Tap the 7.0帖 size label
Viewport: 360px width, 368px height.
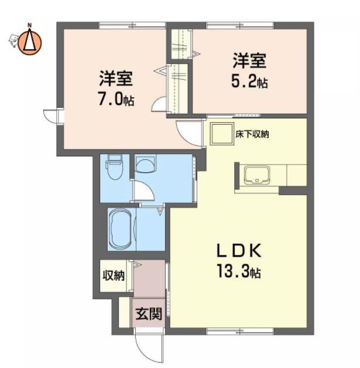116,100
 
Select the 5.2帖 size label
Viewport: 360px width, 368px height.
249,82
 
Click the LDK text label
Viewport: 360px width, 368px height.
239,251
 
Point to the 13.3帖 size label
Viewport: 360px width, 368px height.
239,271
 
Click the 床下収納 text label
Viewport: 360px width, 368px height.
252,134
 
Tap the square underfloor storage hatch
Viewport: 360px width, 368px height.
222,134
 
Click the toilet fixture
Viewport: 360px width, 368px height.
114,166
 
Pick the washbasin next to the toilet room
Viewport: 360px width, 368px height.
146,163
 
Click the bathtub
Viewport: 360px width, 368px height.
121,229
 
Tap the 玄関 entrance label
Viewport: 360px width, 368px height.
149,314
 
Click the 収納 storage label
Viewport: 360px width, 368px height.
114,275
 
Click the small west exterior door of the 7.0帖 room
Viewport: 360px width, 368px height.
51,115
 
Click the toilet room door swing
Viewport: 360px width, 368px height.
143,191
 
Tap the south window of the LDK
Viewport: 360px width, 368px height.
240,331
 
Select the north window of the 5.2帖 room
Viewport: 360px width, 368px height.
240,25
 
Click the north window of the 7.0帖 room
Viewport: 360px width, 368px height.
132,25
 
